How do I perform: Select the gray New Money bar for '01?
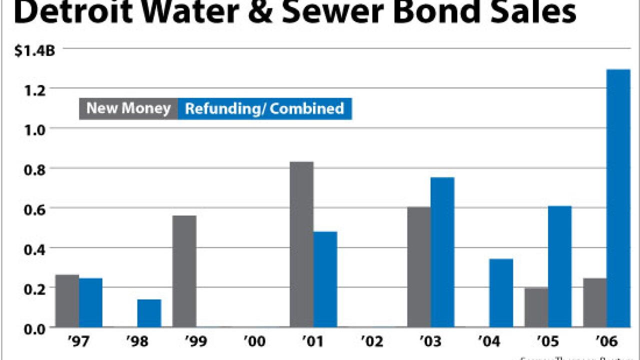(301, 244)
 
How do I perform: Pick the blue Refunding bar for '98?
(149, 313)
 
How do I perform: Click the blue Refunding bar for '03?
(442, 252)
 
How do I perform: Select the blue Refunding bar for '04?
(501, 293)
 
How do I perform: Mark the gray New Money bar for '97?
(67, 301)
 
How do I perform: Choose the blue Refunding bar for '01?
(325, 279)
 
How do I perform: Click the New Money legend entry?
(128, 108)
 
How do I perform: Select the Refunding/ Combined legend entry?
(264, 108)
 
